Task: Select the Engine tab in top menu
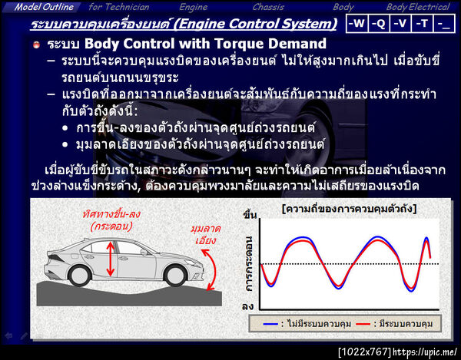click(194, 7)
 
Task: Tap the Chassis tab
click(268, 7)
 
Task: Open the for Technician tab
click(119, 7)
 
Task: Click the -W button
click(357, 24)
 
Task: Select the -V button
click(400, 24)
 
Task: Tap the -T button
click(421, 24)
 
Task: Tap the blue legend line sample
click(270, 323)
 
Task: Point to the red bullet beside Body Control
click(36, 45)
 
